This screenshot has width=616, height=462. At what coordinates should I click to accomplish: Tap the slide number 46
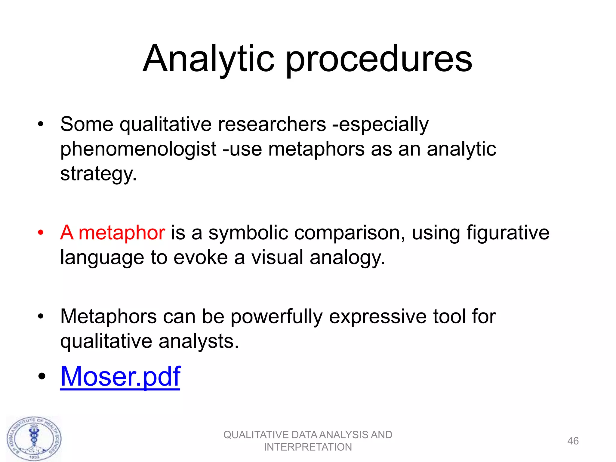573,441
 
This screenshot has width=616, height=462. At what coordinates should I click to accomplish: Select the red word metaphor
122,233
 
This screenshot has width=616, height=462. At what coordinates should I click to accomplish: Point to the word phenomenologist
138,149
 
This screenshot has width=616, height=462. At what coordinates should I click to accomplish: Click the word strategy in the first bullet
98,174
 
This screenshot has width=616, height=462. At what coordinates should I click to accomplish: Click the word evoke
201,257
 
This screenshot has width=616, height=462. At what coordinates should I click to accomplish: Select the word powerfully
276,317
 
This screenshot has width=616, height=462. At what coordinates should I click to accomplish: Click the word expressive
378,317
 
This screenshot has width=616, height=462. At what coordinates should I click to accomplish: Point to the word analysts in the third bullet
199,341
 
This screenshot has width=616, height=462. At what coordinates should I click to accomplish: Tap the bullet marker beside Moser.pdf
42,376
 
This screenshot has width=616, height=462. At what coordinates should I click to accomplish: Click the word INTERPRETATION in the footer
308,447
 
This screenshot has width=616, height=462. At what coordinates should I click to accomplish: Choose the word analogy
347,257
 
